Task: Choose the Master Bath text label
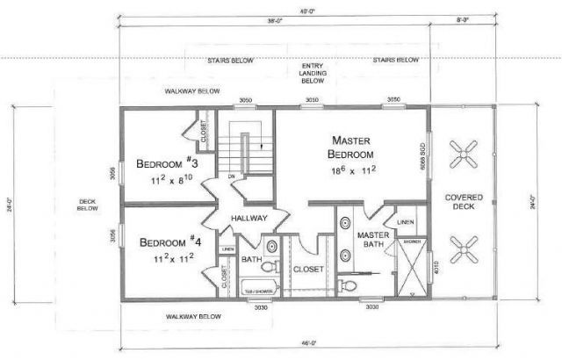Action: tap(371, 240)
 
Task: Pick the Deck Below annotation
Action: tap(87, 205)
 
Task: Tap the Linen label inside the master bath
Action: tap(405, 221)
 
